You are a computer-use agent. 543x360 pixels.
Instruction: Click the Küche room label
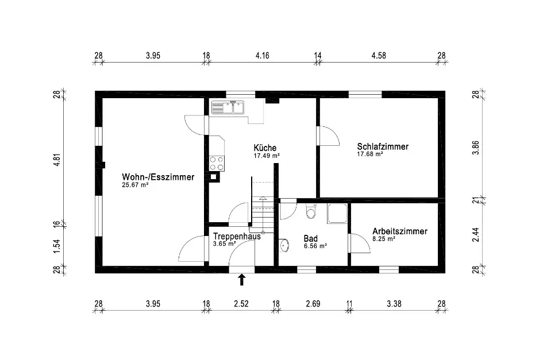[265, 148]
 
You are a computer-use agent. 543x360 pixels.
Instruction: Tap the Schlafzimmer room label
[382, 146]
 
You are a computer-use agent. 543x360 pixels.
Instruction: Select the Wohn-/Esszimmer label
[158, 177]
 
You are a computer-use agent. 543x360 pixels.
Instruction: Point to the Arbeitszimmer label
[399, 231]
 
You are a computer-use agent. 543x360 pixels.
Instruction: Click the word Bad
[311, 238]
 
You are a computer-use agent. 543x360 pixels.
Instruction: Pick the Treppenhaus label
[237, 236]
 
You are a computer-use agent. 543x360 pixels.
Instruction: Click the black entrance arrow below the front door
[241, 280]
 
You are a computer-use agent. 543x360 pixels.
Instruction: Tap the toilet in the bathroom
[311, 212]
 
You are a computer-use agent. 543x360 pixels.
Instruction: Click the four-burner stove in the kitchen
[217, 163]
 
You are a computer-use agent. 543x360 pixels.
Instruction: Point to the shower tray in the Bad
[337, 213]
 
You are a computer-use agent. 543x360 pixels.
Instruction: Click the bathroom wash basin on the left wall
[284, 246]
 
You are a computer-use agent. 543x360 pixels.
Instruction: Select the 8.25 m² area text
[384, 239]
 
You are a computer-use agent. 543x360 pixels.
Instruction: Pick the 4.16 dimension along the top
[262, 56]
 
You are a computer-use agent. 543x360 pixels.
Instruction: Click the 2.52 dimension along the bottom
[241, 304]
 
